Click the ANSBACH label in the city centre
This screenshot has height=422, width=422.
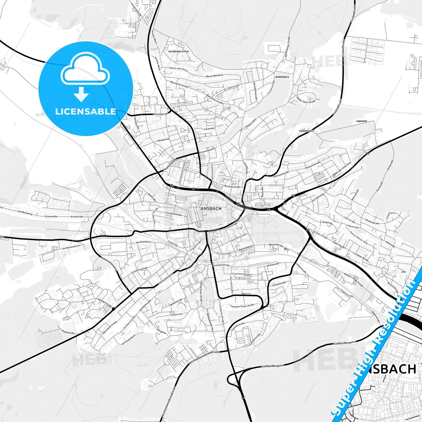pos(211,209)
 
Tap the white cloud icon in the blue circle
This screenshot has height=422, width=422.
pos(85,69)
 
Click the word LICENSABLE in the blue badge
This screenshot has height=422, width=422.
pos(86,111)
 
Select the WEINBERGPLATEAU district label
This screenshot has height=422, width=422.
pos(178,51)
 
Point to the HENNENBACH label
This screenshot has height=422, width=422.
pos(282,77)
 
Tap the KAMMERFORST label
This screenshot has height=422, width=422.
pos(306,131)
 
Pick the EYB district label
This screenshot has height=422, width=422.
pos(403,272)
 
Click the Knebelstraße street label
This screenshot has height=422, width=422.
pos(68,332)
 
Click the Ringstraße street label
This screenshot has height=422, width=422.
pos(327,223)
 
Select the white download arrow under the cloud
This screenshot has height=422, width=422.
pos(81,95)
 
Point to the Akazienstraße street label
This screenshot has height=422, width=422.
pos(372,221)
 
